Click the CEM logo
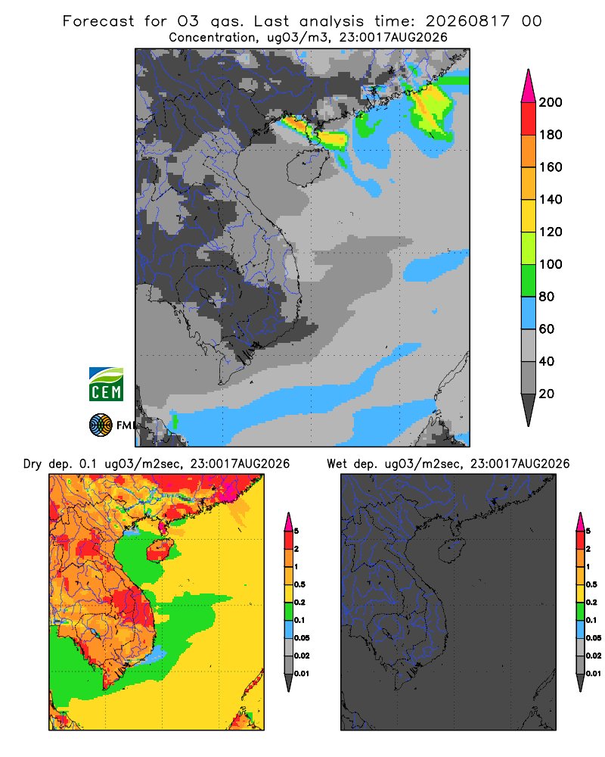pos(106,385)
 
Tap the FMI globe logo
pos(101,425)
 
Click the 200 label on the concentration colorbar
pos(551,102)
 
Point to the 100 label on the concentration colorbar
pos(551,264)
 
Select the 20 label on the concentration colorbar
pos(547,394)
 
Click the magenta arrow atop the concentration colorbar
pos(529,86)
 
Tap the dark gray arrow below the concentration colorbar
pos(529,410)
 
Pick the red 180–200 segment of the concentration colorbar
pos(529,119)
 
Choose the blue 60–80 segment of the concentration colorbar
pos(529,313)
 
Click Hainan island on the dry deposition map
pos(160,551)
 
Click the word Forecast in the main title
pos(98,21)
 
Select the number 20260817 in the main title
pos(467,21)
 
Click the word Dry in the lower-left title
pos(33,464)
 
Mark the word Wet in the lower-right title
pos(337,464)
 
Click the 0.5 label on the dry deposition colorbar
pos(299,584)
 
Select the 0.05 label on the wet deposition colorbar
pos(594,638)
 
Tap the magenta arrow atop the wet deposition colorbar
pos(580,522)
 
